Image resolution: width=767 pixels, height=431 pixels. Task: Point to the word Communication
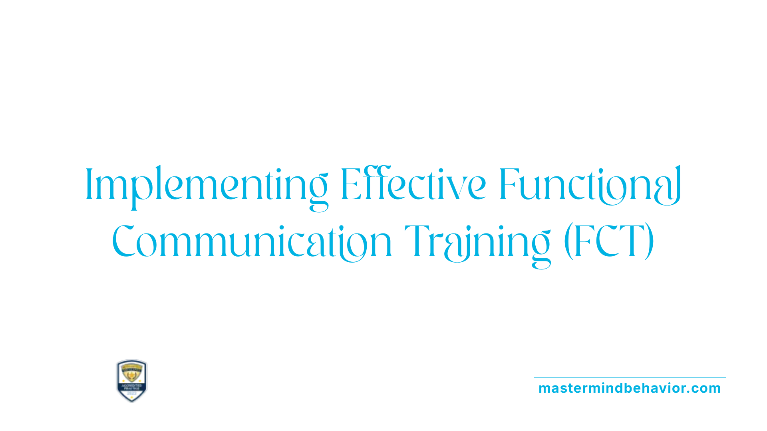252,242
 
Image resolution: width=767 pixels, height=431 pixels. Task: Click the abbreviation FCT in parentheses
609,241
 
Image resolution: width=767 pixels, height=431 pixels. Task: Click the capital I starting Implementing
89,184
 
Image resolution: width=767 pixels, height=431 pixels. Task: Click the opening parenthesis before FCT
568,241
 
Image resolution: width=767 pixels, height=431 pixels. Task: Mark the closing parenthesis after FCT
650,241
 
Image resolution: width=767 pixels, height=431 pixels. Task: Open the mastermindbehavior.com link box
630,388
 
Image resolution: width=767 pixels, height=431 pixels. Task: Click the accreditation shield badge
132,381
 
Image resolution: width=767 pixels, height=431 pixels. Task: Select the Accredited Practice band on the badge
132,387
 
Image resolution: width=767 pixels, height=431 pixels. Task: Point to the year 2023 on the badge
132,393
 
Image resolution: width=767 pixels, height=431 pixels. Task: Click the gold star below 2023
132,398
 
